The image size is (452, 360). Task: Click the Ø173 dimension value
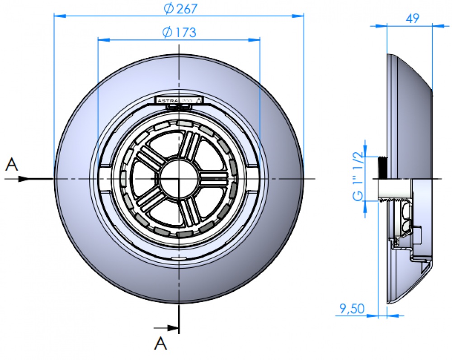(x=179, y=32)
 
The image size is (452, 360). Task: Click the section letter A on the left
(x=12, y=165)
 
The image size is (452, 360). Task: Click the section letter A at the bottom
(x=160, y=343)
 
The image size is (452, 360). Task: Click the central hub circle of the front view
(x=179, y=178)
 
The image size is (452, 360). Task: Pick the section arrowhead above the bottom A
(x=171, y=327)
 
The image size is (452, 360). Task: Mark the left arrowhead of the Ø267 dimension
(x=59, y=16)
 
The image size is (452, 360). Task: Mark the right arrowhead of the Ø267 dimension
(x=299, y=16)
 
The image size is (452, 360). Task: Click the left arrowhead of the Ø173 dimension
(x=104, y=40)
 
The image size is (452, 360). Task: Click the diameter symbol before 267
(x=168, y=8)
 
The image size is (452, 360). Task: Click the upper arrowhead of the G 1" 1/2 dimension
(x=366, y=151)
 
